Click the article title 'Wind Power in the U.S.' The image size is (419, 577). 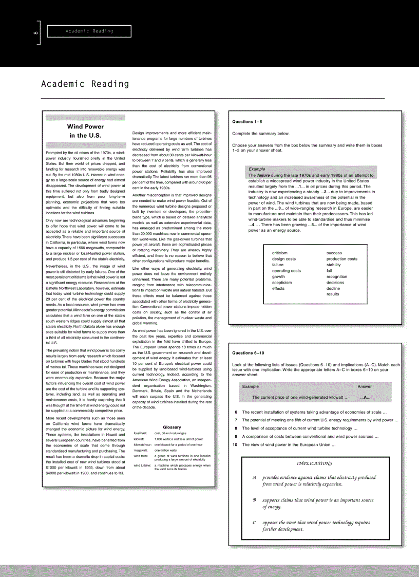[x=86, y=131]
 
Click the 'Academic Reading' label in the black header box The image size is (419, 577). [x=89, y=31]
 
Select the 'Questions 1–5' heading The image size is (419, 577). [x=247, y=122]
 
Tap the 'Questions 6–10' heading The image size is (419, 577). [x=248, y=353]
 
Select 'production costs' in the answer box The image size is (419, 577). [x=342, y=259]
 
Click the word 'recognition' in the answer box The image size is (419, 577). [x=337, y=276]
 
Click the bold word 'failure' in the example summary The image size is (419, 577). [x=263, y=175]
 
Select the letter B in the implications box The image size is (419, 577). [x=254, y=499]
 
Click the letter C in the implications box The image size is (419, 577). [x=254, y=523]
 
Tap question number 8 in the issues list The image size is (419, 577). [x=236, y=428]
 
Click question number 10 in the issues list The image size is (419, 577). [x=235, y=444]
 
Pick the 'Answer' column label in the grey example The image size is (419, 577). [x=365, y=386]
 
